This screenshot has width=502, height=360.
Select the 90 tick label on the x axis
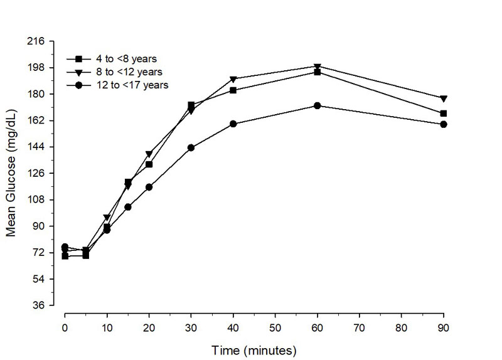pyautogui.click(x=444, y=327)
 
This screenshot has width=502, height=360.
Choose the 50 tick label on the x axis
pyautogui.click(x=275, y=327)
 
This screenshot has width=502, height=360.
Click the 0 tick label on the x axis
pyautogui.click(x=65, y=327)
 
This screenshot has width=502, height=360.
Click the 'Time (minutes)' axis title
pyautogui.click(x=254, y=349)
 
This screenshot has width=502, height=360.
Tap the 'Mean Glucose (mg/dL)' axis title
pyautogui.click(x=11, y=174)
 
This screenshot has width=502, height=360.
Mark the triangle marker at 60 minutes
pyautogui.click(x=318, y=66)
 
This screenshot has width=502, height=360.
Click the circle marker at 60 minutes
pyautogui.click(x=318, y=106)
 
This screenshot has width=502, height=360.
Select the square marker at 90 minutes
pyautogui.click(x=444, y=114)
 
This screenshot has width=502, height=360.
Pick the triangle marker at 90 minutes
pyautogui.click(x=444, y=99)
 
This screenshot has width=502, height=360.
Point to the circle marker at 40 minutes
pyautogui.click(x=233, y=124)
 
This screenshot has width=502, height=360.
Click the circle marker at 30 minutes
pyautogui.click(x=191, y=148)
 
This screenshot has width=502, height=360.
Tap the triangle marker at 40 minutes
pyautogui.click(x=233, y=80)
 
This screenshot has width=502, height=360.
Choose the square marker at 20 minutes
pyautogui.click(x=149, y=164)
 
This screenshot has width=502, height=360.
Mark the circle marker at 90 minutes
pyautogui.click(x=444, y=124)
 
